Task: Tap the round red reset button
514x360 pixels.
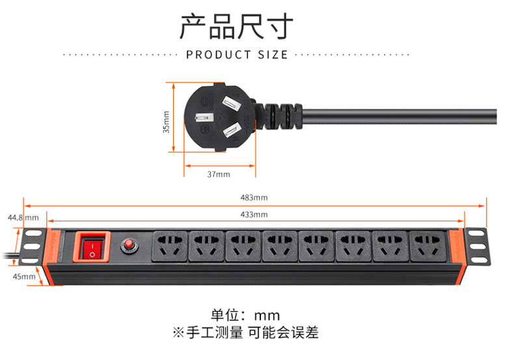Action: click(129, 244)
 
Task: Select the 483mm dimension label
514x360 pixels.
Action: click(254, 198)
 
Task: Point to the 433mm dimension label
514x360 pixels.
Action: click(254, 215)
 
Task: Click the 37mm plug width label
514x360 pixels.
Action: click(219, 174)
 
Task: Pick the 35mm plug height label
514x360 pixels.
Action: click(167, 122)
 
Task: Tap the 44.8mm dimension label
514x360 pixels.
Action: click(23, 217)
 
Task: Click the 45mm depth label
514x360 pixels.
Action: click(24, 277)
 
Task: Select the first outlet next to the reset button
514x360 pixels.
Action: click(169, 246)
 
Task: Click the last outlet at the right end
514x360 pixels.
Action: click(427, 247)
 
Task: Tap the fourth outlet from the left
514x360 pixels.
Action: click(280, 247)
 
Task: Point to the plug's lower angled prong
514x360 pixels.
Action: click(233, 130)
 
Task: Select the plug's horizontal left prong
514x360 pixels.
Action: click(204, 118)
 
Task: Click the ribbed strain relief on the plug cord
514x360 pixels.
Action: click(282, 117)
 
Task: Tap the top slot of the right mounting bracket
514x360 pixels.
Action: click(476, 234)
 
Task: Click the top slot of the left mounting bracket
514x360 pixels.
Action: click(34, 234)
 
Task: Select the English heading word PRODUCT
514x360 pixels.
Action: click(219, 55)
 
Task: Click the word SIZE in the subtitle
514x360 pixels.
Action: click(273, 55)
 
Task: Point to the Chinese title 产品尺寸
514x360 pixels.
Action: click(237, 27)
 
